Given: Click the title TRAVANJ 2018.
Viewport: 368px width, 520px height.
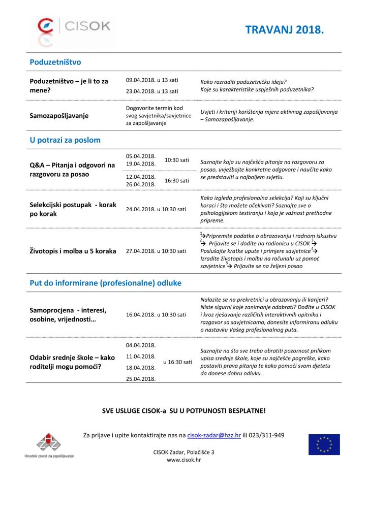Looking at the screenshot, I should click(284, 30).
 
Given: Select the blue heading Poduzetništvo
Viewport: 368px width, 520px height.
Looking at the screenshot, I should click(55, 62).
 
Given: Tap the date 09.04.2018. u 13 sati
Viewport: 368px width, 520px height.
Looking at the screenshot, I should click(152, 80).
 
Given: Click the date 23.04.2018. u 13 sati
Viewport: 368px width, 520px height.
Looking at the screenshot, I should click(152, 91).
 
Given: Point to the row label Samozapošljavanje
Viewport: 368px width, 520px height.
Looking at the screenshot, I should click(59, 116).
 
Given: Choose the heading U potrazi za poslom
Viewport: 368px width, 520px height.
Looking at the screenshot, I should click(65, 140).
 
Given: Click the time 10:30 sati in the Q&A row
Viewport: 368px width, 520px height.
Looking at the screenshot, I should click(177, 160).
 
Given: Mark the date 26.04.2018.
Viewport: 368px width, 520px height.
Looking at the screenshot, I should click(141, 184).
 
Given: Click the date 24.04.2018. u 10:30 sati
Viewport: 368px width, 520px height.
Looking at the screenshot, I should click(156, 209).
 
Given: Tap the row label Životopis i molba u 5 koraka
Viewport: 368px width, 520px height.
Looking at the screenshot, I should click(73, 251).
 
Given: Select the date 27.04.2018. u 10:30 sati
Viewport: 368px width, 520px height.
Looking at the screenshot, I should click(156, 251).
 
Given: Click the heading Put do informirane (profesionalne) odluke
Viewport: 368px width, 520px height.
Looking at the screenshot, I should click(105, 283).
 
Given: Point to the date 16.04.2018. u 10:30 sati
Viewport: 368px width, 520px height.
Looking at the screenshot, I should click(156, 315).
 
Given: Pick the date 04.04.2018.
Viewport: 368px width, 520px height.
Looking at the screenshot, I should click(141, 345).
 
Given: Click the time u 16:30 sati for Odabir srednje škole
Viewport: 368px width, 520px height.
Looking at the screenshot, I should click(177, 362).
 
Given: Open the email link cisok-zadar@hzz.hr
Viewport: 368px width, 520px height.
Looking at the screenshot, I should click(214, 435).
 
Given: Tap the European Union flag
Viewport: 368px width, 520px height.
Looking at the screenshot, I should click(324, 444).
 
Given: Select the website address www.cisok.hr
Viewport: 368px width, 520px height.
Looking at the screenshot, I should click(183, 460).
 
